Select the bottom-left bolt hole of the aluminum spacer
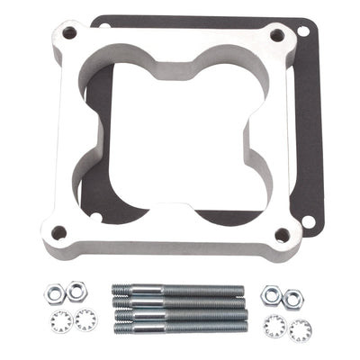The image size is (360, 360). (60, 232)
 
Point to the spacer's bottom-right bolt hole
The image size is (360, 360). (281, 236)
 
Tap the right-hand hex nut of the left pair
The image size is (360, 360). (77, 289)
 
